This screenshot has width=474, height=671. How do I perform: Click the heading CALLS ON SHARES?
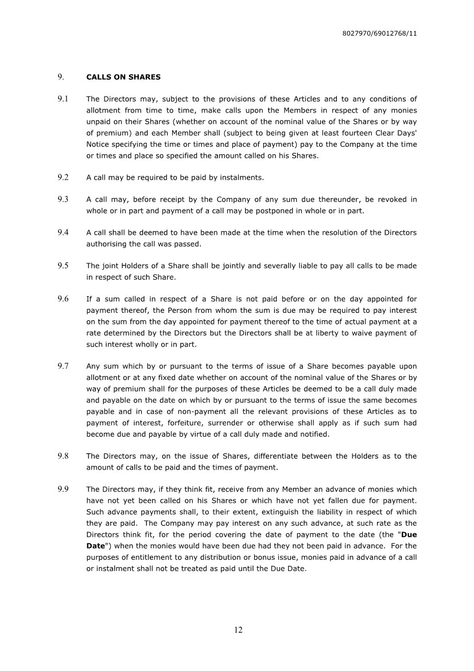click(x=123, y=77)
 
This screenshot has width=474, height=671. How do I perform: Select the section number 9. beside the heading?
click(x=60, y=77)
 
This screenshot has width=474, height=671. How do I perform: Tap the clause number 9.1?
click(x=63, y=99)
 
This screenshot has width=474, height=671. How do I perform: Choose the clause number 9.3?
click(x=63, y=199)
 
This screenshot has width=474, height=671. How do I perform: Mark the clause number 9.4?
click(x=63, y=232)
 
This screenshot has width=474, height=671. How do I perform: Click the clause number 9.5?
click(x=63, y=266)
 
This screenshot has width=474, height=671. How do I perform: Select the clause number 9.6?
click(x=63, y=299)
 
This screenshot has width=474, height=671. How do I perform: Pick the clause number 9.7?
click(x=63, y=366)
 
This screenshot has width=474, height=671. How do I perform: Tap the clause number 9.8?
click(x=63, y=456)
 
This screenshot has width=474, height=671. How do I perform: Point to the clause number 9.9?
click(x=63, y=490)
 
